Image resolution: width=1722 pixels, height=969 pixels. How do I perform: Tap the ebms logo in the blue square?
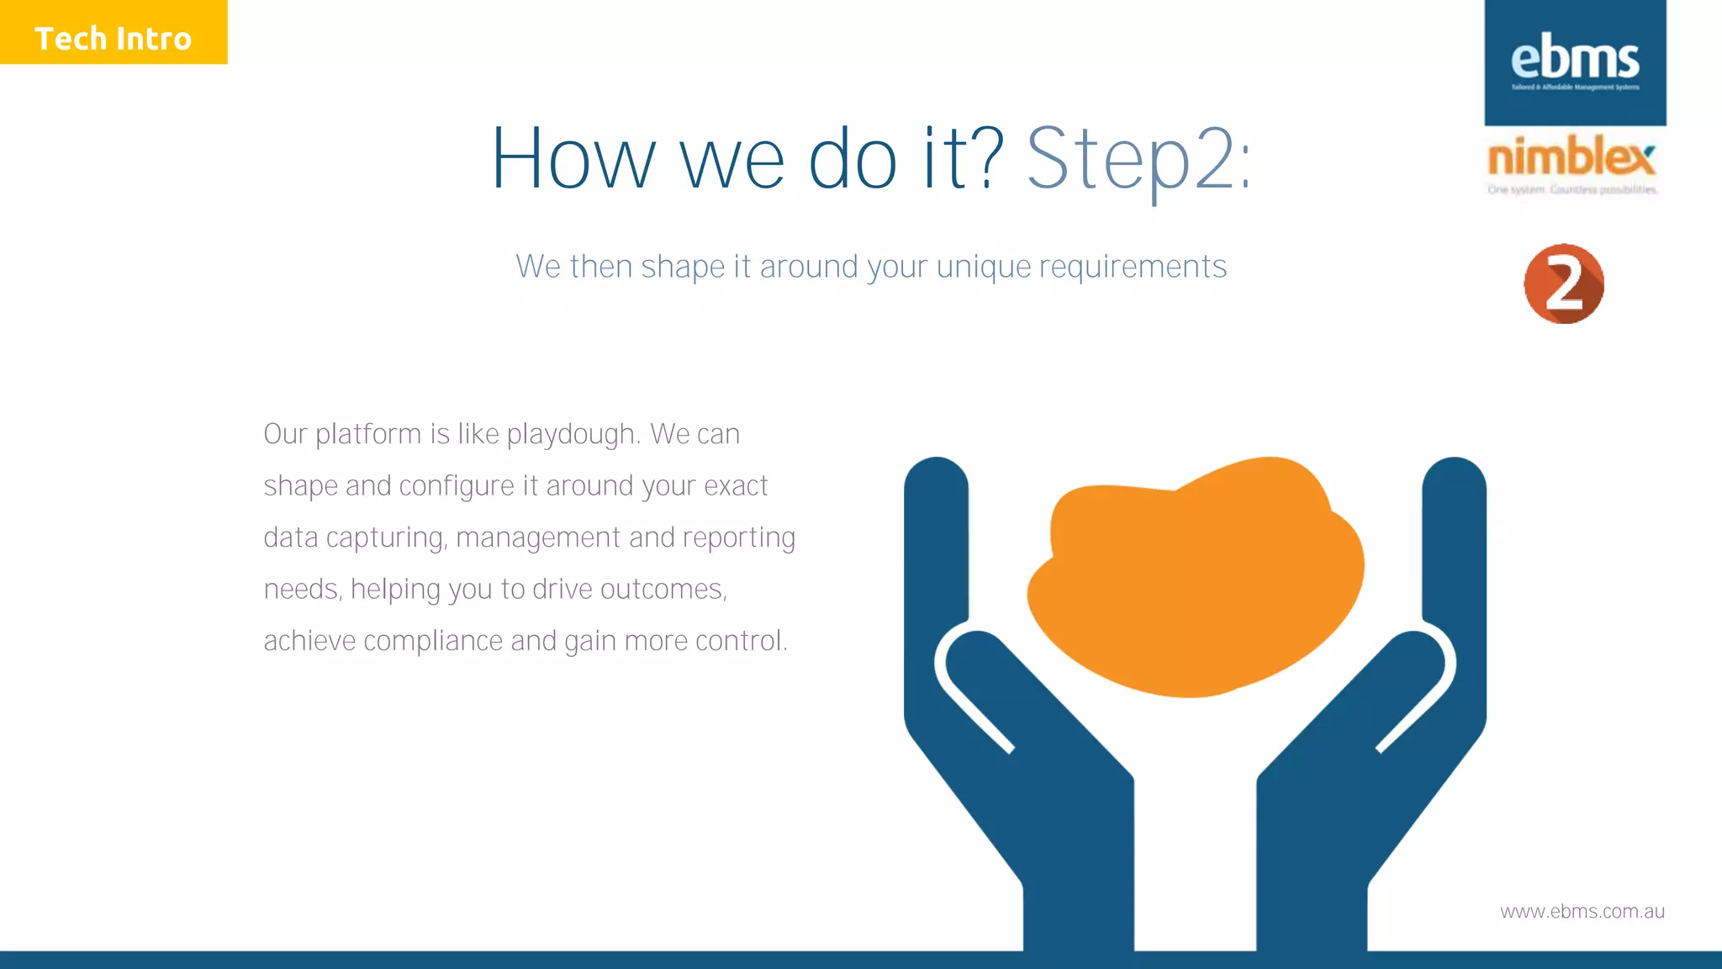(x=1575, y=61)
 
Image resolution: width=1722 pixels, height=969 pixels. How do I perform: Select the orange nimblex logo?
(x=1571, y=157)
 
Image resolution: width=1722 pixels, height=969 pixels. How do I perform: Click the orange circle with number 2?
(x=1564, y=284)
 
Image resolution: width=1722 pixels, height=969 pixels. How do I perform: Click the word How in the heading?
(x=573, y=160)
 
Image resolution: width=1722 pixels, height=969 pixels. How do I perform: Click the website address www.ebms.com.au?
(x=1582, y=912)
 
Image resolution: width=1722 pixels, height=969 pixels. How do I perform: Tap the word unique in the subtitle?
(x=984, y=267)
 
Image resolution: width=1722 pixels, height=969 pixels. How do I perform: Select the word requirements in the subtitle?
(x=1133, y=267)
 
